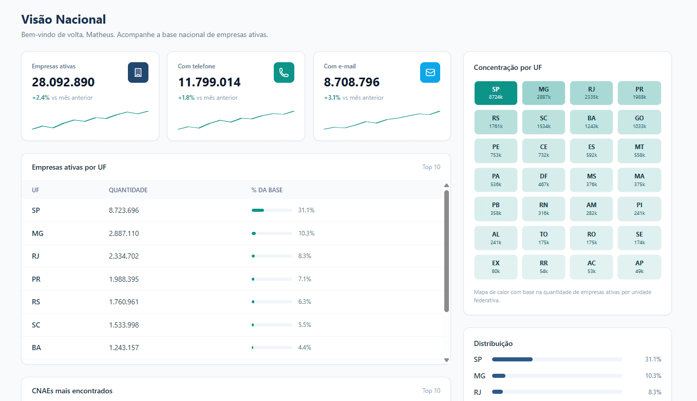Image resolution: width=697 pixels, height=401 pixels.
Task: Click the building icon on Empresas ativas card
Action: (138, 72)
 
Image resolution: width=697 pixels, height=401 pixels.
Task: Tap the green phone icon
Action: (284, 72)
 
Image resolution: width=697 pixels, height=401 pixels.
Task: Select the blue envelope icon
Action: (430, 72)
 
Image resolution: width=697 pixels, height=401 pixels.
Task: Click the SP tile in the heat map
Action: (496, 93)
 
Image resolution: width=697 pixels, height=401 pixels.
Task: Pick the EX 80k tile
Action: (496, 267)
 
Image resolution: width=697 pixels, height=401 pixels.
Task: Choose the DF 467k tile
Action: (543, 180)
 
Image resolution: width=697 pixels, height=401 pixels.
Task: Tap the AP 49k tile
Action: (639, 267)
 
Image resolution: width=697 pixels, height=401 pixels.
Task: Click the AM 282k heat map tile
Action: (592, 209)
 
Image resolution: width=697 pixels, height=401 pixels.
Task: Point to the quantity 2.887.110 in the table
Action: (124, 233)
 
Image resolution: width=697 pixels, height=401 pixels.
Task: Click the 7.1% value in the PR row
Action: (305, 279)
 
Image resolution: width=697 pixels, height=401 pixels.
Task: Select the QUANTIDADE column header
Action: (128, 190)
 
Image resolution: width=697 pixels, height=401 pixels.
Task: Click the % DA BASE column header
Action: (267, 190)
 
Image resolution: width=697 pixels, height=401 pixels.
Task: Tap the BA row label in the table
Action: (36, 348)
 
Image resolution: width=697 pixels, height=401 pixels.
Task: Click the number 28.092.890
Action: (63, 82)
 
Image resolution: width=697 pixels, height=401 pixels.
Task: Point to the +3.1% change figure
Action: (332, 98)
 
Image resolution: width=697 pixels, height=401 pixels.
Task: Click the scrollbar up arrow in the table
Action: (446, 186)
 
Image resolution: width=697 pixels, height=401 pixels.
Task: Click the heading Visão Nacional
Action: (64, 20)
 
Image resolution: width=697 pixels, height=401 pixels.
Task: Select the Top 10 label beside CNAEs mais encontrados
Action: (431, 390)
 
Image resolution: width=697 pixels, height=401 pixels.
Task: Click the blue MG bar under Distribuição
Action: (498, 376)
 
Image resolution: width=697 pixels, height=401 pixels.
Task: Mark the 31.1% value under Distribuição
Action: (653, 359)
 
